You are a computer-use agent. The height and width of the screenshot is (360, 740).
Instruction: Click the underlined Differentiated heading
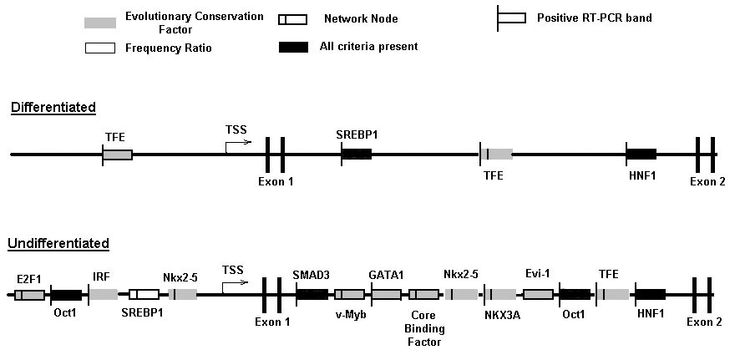click(x=53, y=108)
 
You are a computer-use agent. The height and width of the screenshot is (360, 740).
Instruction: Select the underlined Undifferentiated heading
click(x=58, y=244)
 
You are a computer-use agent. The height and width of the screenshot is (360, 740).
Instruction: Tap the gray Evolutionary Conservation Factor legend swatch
click(x=100, y=23)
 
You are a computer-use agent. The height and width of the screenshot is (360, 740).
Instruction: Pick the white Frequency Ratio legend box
click(x=99, y=48)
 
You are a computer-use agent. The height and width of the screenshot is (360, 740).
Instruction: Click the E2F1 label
click(x=29, y=279)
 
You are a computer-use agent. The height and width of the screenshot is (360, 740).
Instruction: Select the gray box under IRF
click(x=104, y=295)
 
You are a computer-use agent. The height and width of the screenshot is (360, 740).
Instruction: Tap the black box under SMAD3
click(x=312, y=295)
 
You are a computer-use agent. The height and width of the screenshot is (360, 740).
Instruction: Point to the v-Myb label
click(x=350, y=314)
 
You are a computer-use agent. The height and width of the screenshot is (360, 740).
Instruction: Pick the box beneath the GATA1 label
click(x=386, y=295)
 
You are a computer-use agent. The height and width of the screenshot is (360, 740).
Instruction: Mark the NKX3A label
click(x=501, y=315)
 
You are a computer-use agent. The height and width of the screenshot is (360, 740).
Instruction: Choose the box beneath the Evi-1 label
click(x=538, y=295)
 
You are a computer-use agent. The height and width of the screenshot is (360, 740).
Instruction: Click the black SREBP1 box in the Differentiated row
click(x=357, y=154)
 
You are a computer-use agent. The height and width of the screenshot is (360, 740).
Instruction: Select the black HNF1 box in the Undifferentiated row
click(x=651, y=295)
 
